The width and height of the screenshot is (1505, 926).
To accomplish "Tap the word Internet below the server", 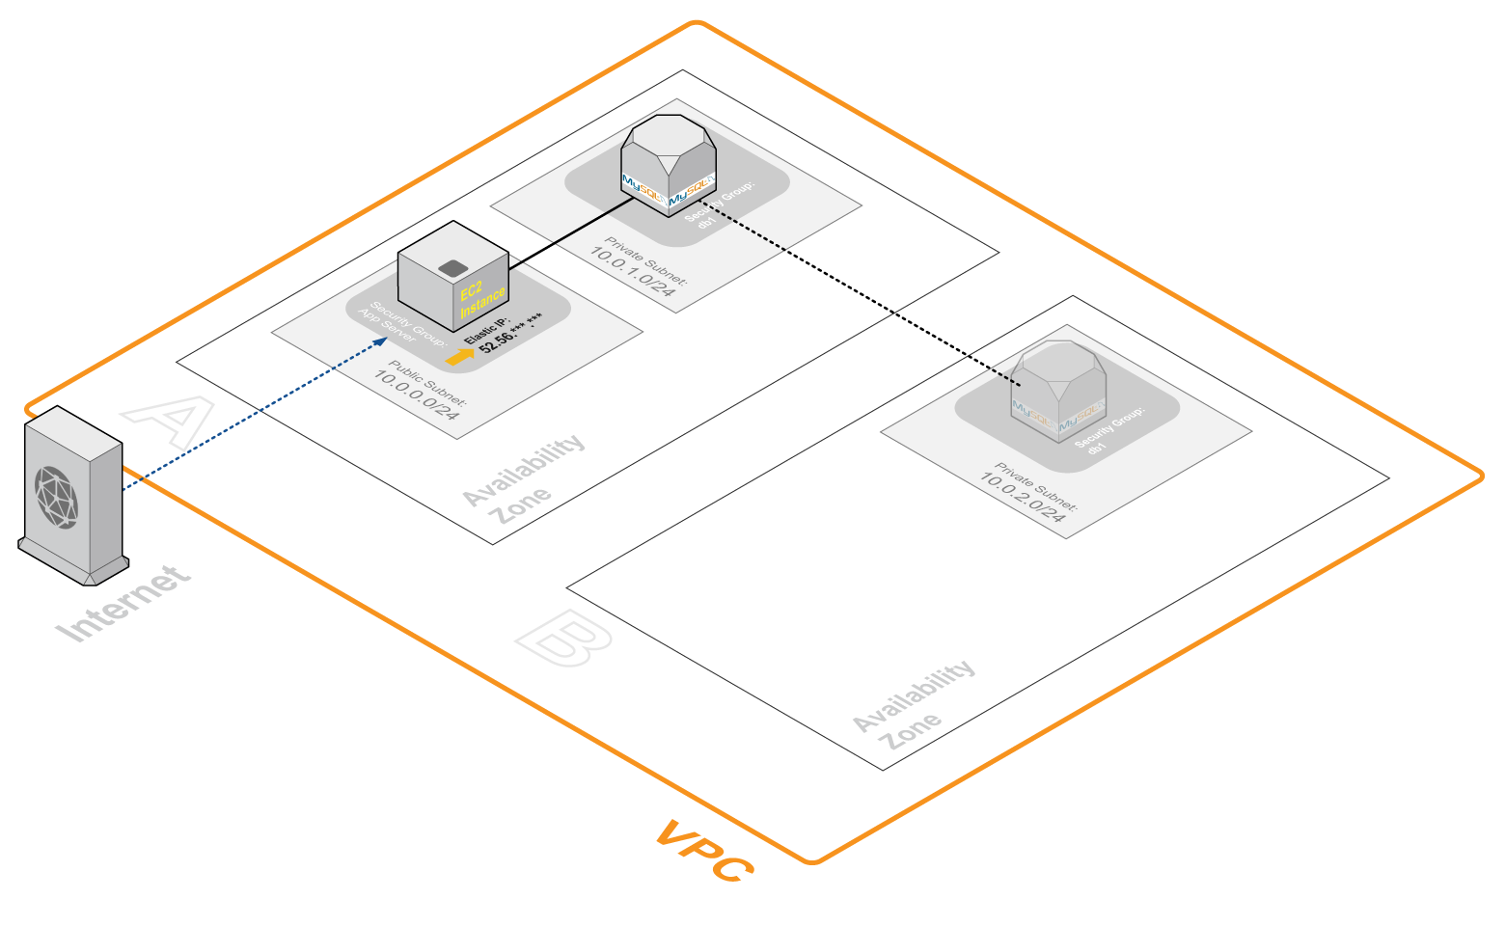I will point(123,605).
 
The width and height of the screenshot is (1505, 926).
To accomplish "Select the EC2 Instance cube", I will point(453,277).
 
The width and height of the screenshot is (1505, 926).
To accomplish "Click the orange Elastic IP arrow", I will point(461,357).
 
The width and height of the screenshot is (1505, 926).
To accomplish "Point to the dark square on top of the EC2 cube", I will point(451,268).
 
